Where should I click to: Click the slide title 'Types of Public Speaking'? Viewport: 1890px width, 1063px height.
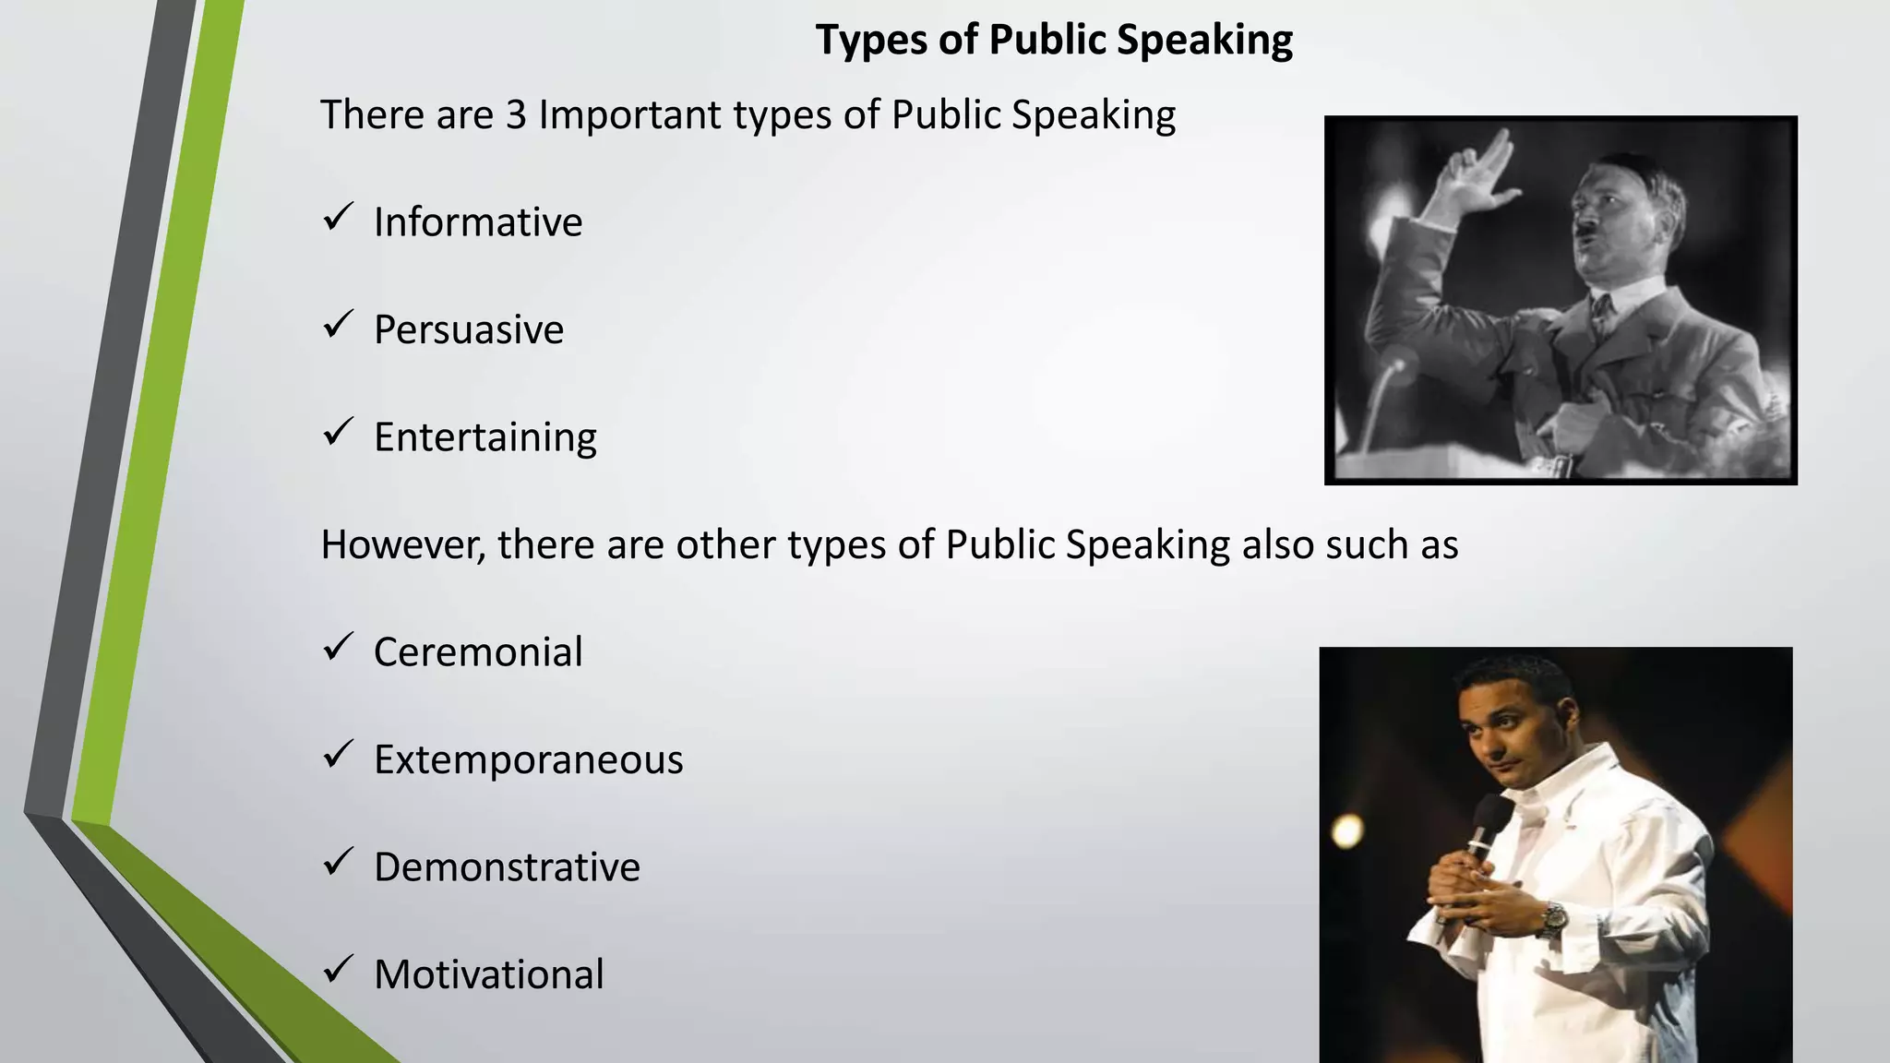point(1054,41)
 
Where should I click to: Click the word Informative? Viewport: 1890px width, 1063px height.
point(478,222)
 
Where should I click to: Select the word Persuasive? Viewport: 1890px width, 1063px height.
point(469,329)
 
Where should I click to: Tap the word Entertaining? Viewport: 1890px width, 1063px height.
point(485,437)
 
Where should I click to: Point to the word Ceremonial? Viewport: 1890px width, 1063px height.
point(478,652)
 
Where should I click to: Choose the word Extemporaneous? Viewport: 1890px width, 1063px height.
point(529,759)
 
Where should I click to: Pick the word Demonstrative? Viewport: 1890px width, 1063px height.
point(507,867)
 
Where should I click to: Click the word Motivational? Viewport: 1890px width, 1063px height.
point(489,974)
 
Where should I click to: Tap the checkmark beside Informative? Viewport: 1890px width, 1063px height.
point(338,218)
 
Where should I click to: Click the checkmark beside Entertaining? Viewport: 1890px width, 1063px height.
point(338,432)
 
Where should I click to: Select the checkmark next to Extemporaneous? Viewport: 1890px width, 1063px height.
point(338,755)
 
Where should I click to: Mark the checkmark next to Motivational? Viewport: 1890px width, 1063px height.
point(338,969)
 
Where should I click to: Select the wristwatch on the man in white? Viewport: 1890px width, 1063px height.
point(1554,918)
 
